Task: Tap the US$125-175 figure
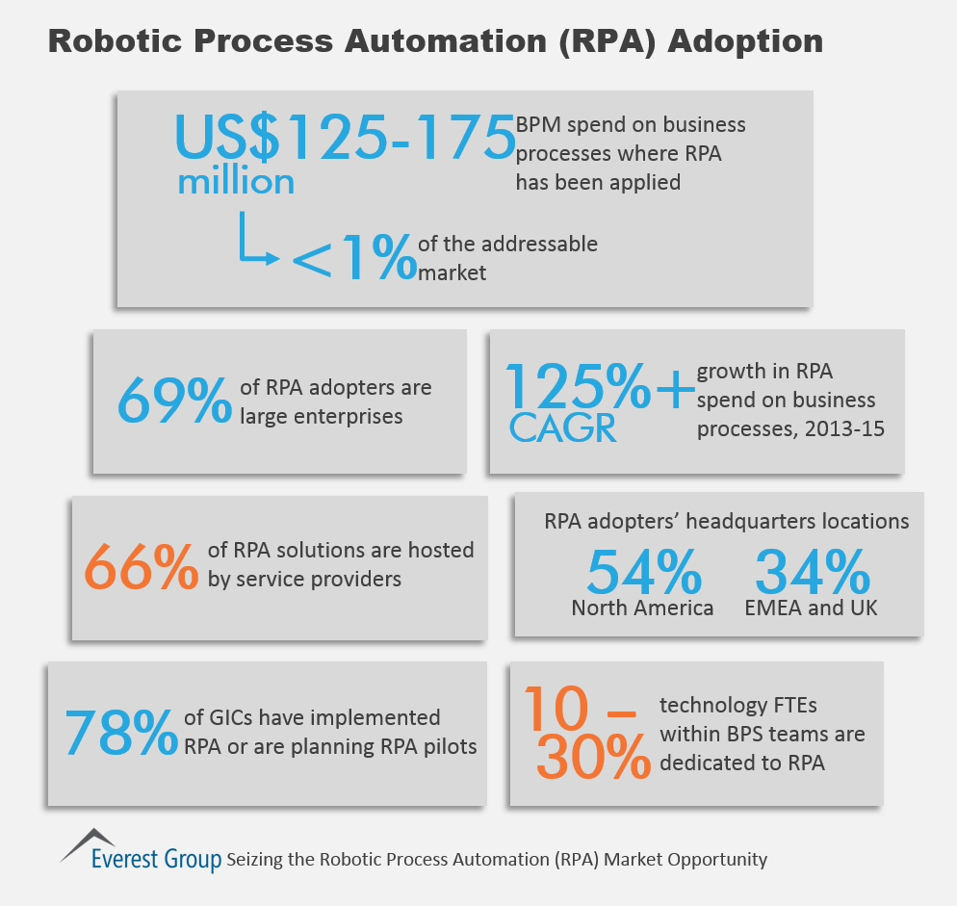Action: (x=345, y=137)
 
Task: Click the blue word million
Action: (x=236, y=181)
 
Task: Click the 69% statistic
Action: (x=175, y=401)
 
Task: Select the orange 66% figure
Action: (x=141, y=566)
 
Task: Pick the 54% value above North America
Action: (x=644, y=571)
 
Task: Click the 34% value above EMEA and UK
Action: (x=813, y=571)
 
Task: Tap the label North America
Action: (x=642, y=608)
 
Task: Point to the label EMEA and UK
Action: (x=812, y=608)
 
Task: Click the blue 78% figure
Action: (x=121, y=732)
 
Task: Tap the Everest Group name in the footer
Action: (x=156, y=859)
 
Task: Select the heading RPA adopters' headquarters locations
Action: (x=727, y=522)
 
